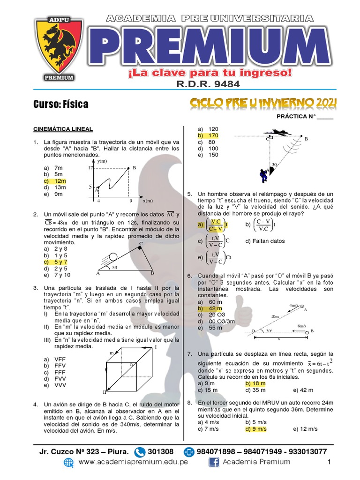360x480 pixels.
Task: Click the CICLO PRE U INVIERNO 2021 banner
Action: tap(263, 103)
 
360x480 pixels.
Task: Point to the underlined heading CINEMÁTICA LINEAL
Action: tap(62, 129)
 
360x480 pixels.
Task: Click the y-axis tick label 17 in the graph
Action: tap(90, 167)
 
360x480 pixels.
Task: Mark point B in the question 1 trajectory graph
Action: tap(134, 168)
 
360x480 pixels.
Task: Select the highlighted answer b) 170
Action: tap(208, 135)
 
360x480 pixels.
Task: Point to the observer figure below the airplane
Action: tap(263, 175)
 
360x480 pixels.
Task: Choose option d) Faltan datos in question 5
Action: tap(265, 241)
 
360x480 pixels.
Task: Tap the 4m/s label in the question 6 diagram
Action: tap(294, 305)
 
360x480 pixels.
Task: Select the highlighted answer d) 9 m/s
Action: tap(256, 429)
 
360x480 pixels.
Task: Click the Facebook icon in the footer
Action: tap(214, 462)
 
